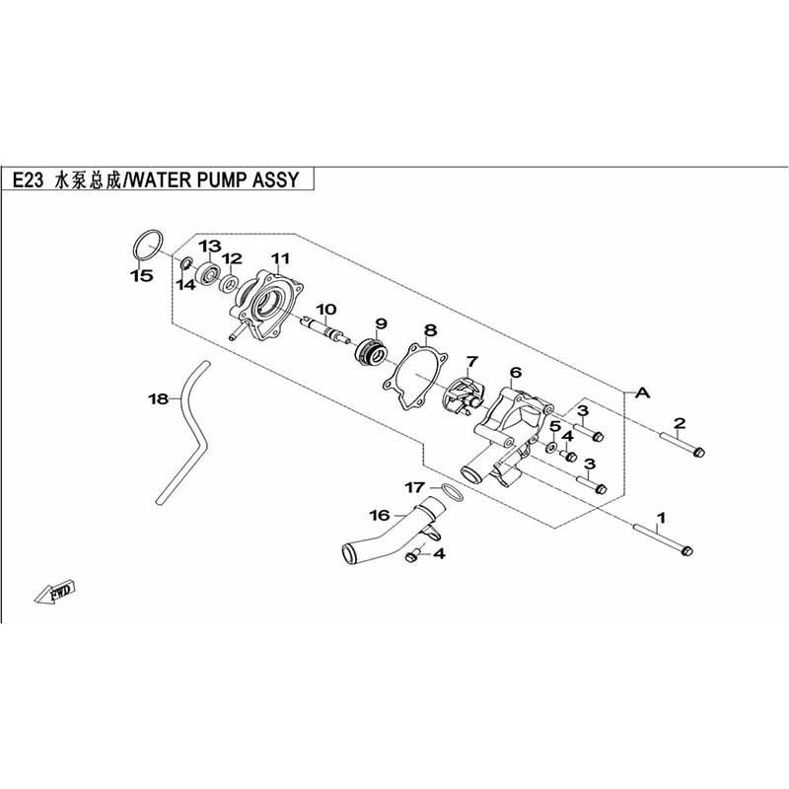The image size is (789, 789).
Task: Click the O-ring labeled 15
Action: tap(146, 244)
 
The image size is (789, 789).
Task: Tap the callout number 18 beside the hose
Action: tap(158, 399)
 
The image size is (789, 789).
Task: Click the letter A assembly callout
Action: tap(643, 393)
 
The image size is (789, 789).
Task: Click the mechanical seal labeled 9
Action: tap(374, 350)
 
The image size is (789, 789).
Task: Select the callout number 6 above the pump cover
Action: tap(515, 373)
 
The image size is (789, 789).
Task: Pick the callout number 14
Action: tap(185, 284)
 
